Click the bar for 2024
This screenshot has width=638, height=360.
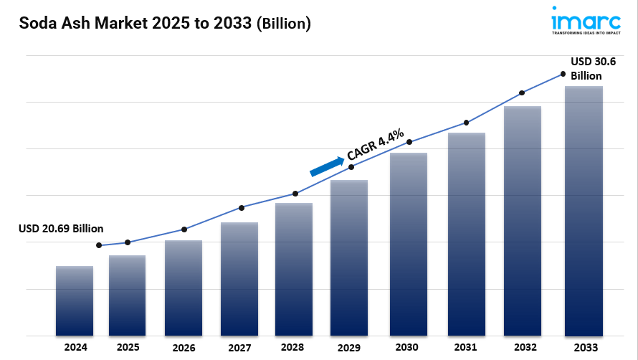click(x=75, y=300)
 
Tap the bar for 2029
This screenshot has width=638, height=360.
click(x=349, y=257)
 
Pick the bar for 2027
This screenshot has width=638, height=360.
click(x=239, y=279)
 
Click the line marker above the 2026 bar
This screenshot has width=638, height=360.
click(x=184, y=229)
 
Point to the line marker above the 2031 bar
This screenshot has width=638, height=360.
click(x=467, y=123)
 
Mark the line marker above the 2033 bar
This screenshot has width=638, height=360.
click(x=563, y=74)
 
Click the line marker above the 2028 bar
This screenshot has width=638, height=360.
click(x=295, y=194)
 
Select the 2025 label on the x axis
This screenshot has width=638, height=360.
click(x=128, y=347)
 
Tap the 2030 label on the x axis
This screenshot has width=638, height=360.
click(x=406, y=347)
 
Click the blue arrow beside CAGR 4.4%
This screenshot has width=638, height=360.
click(x=327, y=166)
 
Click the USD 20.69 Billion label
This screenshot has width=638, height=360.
click(x=61, y=228)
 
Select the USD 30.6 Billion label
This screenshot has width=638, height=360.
click(x=591, y=69)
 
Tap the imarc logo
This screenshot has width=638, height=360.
click(x=586, y=17)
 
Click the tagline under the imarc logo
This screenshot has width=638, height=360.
click(x=586, y=32)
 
